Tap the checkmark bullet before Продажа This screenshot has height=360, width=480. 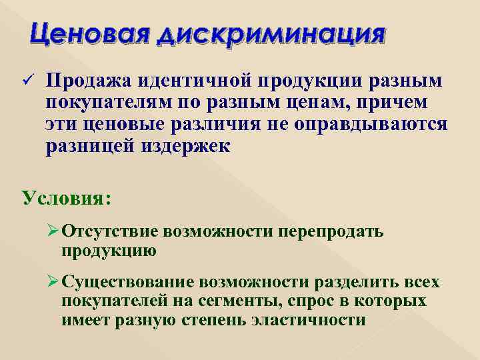coord(26,82)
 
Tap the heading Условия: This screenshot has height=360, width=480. coord(67,199)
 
